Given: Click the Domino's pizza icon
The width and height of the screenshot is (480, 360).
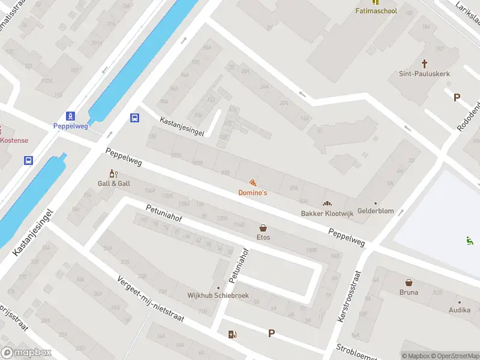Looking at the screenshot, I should [x=253, y=182].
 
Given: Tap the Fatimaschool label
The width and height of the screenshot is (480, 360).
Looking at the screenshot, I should [x=376, y=11].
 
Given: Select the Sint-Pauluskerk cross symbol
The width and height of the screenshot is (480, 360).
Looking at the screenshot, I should [x=425, y=63].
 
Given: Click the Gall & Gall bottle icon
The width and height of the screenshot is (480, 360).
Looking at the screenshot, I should [x=111, y=173].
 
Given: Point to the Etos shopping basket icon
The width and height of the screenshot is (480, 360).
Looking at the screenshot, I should [x=263, y=228].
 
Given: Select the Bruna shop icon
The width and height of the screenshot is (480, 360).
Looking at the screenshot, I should [x=409, y=282].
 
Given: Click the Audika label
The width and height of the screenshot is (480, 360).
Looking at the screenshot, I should [x=460, y=310].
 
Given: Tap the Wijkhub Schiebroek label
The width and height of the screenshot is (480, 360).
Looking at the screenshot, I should [x=218, y=296].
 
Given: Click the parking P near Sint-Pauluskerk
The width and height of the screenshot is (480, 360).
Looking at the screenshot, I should [x=457, y=97].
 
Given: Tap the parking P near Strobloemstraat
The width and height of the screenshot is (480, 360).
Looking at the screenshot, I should [x=271, y=334].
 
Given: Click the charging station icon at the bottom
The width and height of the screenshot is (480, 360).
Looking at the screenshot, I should [x=232, y=334].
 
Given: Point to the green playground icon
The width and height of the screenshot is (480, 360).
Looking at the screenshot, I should [x=469, y=241].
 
